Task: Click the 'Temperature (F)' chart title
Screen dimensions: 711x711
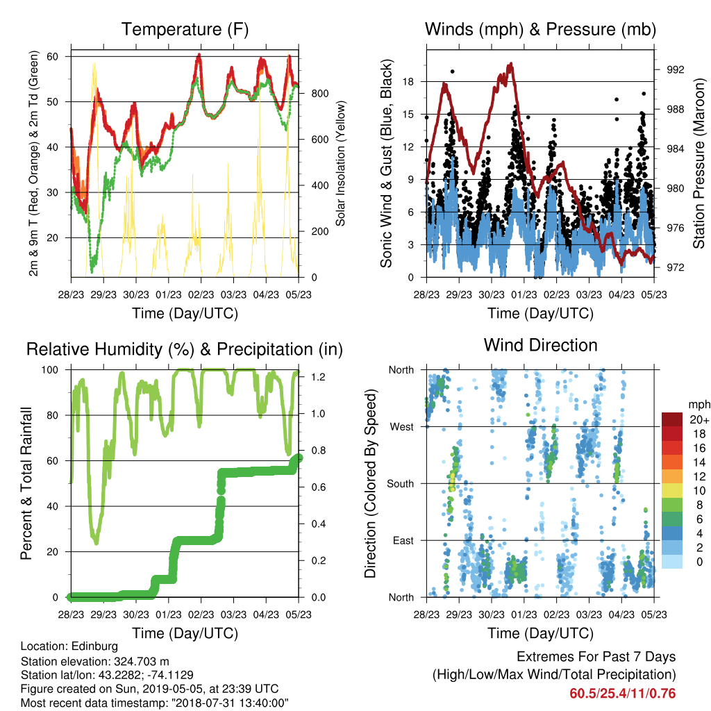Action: [185, 29]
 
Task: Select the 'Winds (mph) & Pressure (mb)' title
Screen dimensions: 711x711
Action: [540, 29]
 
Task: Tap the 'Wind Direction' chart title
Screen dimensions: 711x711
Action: [540, 345]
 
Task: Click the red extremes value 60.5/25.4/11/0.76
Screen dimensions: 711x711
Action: [623, 694]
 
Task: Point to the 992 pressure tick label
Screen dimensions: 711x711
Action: [675, 70]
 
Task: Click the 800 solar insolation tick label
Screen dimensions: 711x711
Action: [319, 94]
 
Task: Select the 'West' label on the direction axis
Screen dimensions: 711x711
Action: [402, 427]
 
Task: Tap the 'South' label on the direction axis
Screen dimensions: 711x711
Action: [401, 484]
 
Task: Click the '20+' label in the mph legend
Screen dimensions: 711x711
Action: [699, 420]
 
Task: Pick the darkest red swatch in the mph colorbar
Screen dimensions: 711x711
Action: [672, 419]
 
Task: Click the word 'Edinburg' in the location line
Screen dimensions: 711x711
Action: [95, 646]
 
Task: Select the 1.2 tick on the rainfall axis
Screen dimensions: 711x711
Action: [318, 377]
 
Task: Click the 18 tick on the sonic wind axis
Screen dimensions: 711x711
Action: [408, 82]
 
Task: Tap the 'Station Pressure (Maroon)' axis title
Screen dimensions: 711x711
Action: [699, 163]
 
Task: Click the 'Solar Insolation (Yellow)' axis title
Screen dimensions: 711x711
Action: [340, 163]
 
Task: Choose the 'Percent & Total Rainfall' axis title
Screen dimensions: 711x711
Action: [26, 483]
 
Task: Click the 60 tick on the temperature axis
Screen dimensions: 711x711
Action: [53, 56]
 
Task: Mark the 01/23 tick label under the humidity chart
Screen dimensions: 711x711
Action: [169, 614]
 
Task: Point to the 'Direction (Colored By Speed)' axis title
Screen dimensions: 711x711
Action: [371, 483]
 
